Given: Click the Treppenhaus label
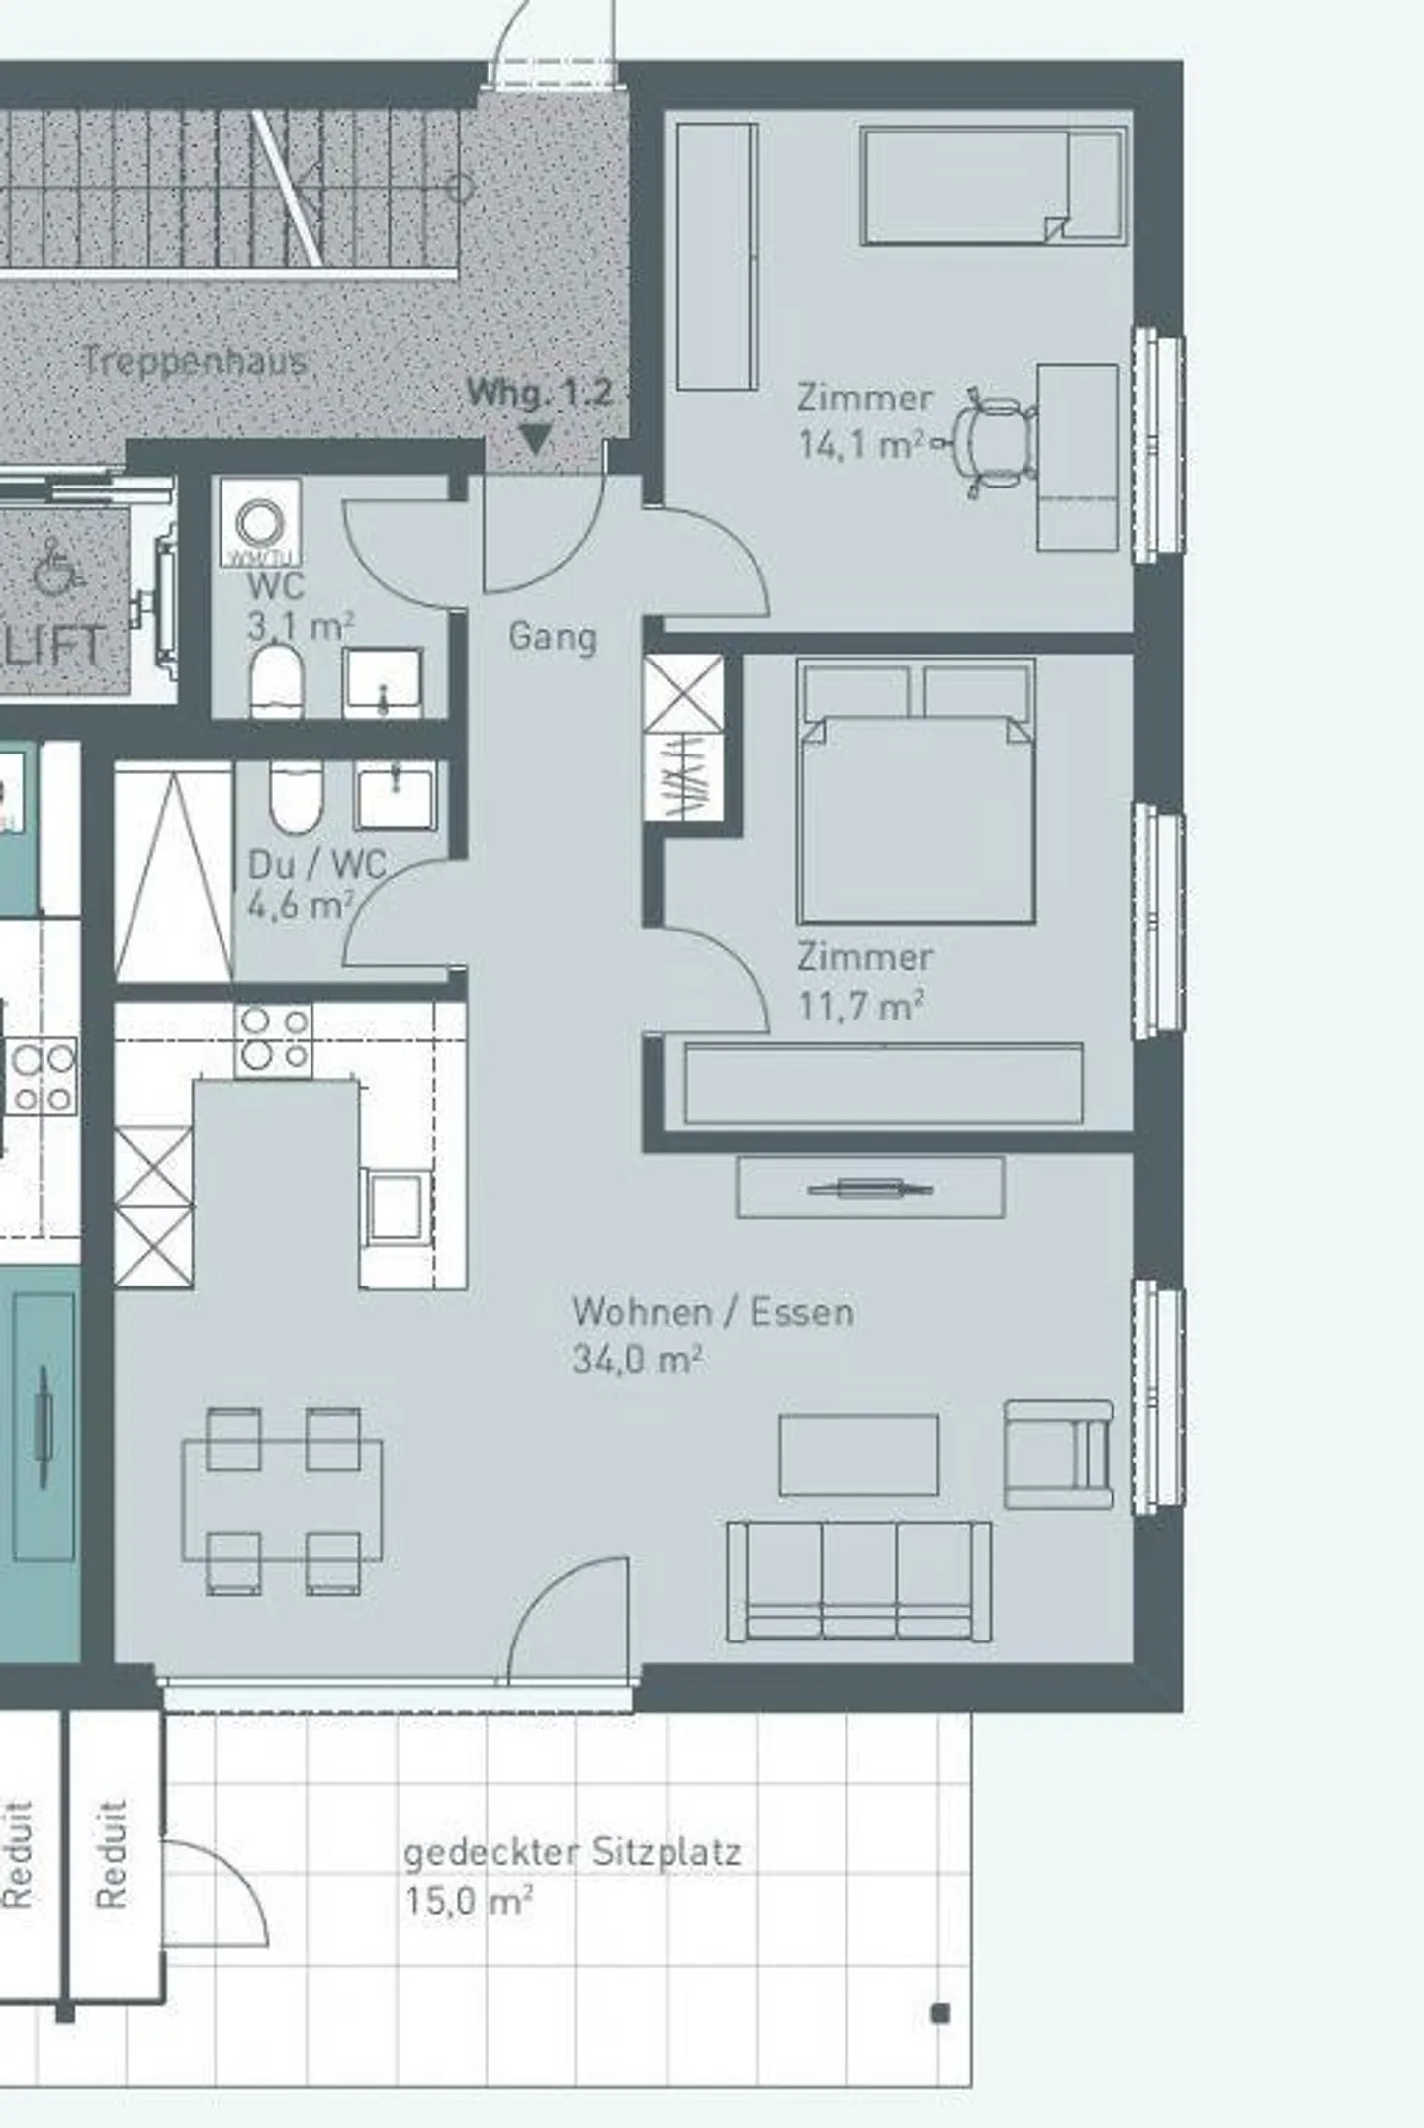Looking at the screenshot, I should (194, 361).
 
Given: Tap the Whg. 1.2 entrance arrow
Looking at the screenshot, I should (535, 438).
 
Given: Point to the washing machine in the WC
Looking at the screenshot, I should (261, 522).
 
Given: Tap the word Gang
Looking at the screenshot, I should (552, 636).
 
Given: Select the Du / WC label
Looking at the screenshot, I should (316, 864).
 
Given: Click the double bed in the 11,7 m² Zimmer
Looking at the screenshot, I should (916, 791).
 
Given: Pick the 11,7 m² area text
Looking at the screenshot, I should (860, 1006).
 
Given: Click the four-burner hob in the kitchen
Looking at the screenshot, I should (274, 1039).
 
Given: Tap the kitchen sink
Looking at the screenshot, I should (397, 1204).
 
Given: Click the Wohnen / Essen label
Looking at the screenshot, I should (712, 1312).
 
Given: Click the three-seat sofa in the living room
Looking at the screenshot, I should (858, 1582).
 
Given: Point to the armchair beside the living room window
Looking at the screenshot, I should (1058, 1454).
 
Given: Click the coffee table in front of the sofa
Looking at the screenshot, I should (858, 1455).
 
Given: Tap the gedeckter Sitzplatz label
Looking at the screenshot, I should (572, 1851).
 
